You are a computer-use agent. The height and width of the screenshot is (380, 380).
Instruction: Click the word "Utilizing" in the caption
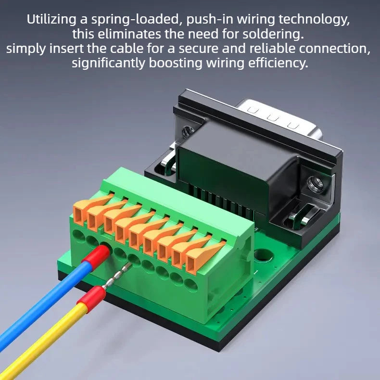(51, 19)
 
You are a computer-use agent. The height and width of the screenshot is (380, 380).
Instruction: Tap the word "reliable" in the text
(272, 48)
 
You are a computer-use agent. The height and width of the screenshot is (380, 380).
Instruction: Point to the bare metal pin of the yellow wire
(117, 276)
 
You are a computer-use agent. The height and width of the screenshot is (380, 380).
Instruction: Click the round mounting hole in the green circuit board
(263, 256)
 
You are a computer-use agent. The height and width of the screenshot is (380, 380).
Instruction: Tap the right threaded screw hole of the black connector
(315, 185)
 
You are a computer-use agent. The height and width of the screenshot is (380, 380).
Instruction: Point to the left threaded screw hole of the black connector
(188, 132)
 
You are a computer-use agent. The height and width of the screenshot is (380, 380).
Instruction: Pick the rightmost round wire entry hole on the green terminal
(191, 284)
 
